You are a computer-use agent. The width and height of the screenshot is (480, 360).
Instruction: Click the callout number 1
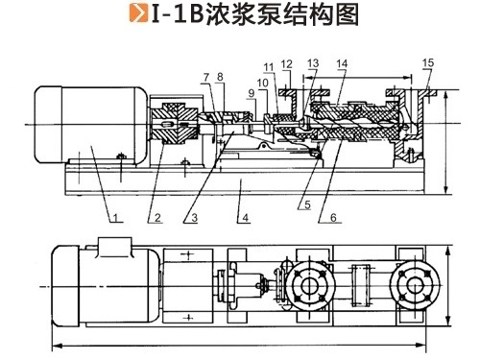pos(115,218)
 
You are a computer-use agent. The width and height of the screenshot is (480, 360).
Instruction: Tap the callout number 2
pos(157,218)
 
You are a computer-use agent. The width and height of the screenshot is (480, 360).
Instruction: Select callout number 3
pos(194,218)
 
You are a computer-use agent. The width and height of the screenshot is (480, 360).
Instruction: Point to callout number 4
pos(245,218)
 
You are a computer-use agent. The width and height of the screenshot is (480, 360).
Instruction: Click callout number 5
pos(307,204)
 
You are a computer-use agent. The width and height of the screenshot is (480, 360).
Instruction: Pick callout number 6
pos(333,218)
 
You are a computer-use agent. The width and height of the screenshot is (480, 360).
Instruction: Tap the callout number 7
pos(206,77)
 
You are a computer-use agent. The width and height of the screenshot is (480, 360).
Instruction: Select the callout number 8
pos(220,77)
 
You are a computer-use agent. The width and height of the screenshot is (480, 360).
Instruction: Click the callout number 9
pos(252,93)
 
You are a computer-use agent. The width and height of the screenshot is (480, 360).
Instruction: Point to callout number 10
pos(262,83)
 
